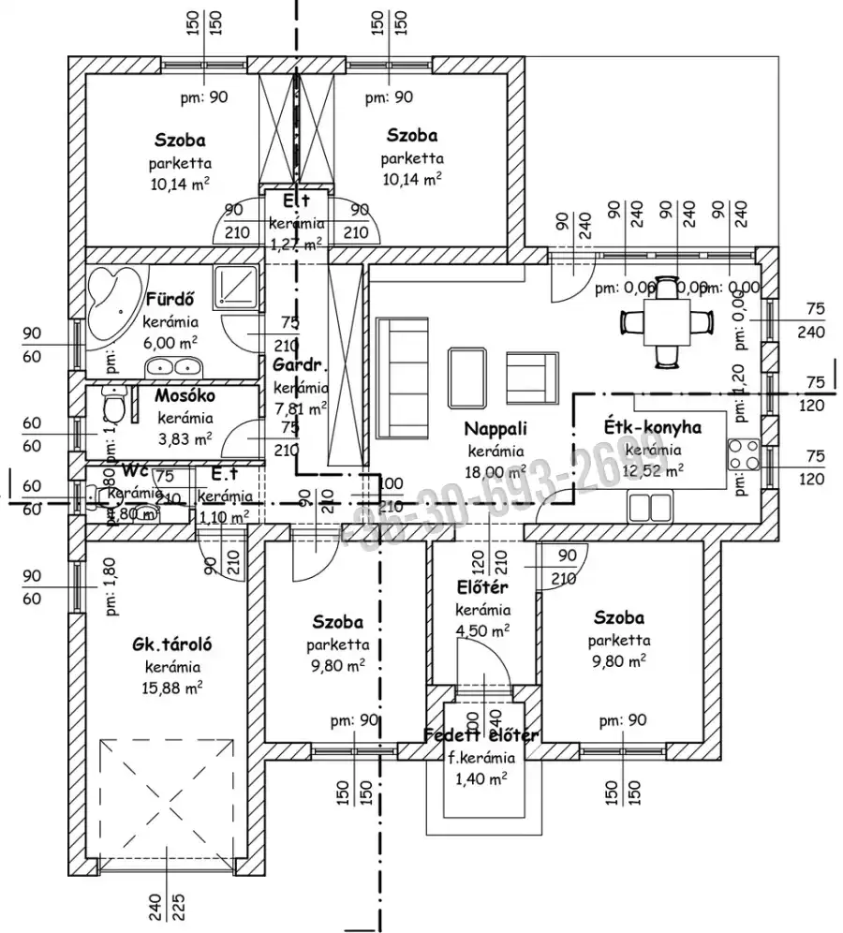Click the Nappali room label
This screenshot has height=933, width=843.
click(x=496, y=429)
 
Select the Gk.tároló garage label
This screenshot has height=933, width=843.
click(x=173, y=644)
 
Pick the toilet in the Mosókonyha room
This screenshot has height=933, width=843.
click(x=115, y=408)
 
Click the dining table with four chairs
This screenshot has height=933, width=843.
click(x=667, y=321)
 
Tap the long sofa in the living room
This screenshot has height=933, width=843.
click(x=397, y=378)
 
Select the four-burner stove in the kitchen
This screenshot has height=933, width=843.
click(x=744, y=455)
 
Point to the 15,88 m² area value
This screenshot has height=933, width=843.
click(x=175, y=688)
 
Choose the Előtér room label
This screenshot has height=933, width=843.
click(x=481, y=587)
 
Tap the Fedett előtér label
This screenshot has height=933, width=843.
click(x=481, y=735)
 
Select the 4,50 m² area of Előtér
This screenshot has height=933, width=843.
click(x=482, y=630)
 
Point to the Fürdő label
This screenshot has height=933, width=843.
click(x=170, y=301)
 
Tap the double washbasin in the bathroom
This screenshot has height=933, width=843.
click(x=173, y=366)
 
